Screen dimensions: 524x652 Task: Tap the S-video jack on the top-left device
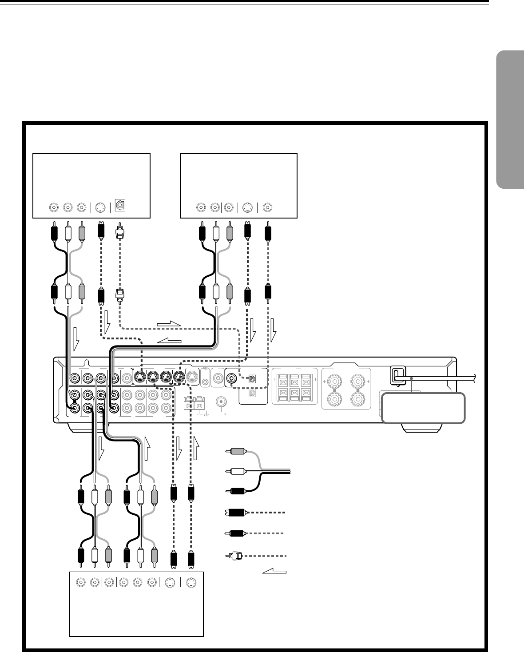pyautogui.click(x=100, y=207)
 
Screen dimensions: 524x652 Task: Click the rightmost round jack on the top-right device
pyautogui.click(x=268, y=207)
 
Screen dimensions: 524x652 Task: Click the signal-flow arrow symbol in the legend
pyautogui.click(x=274, y=571)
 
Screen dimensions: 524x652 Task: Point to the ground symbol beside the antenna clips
pyautogui.click(x=206, y=414)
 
